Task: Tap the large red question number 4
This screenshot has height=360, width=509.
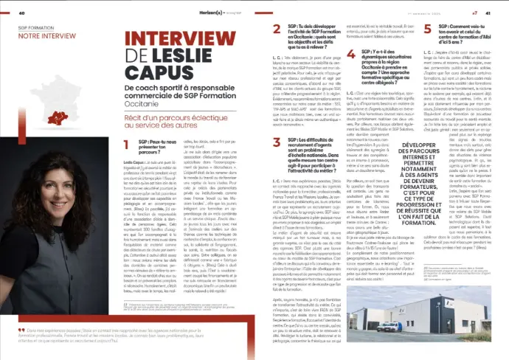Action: pyautogui.click(x=356, y=55)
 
